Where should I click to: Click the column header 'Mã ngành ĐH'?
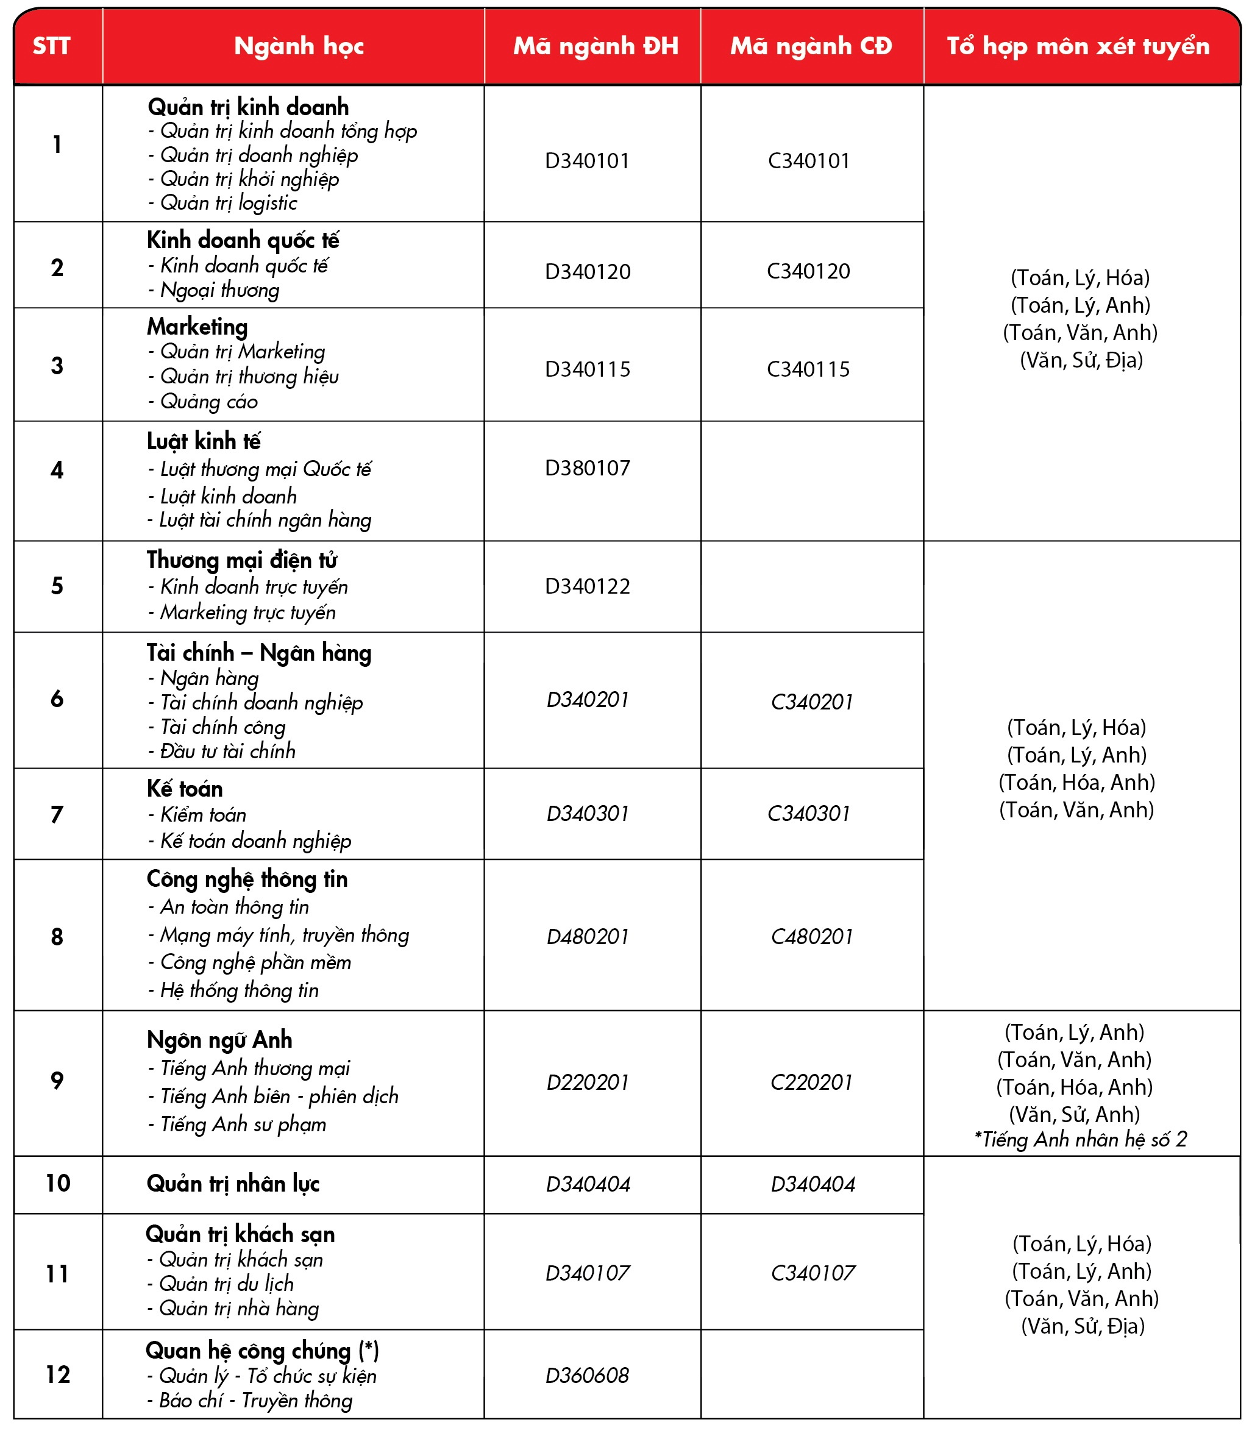(x=596, y=46)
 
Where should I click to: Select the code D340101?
(x=588, y=161)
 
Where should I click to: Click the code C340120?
(x=808, y=271)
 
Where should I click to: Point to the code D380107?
(x=588, y=467)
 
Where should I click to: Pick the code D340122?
(x=588, y=586)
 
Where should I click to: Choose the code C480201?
(x=812, y=937)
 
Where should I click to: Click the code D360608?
(x=588, y=1375)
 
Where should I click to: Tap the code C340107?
(x=813, y=1273)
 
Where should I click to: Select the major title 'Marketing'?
(x=197, y=327)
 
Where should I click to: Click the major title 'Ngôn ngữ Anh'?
(x=219, y=1040)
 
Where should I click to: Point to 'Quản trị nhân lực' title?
(x=233, y=1184)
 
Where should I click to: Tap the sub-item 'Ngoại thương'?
(x=219, y=290)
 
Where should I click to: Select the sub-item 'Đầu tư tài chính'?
(x=227, y=751)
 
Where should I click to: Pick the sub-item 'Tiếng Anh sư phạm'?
(x=243, y=1125)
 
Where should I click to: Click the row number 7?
(x=57, y=814)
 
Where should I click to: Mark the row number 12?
(x=58, y=1374)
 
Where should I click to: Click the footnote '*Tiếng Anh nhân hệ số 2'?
(x=1080, y=1140)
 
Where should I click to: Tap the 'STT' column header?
(x=52, y=46)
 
